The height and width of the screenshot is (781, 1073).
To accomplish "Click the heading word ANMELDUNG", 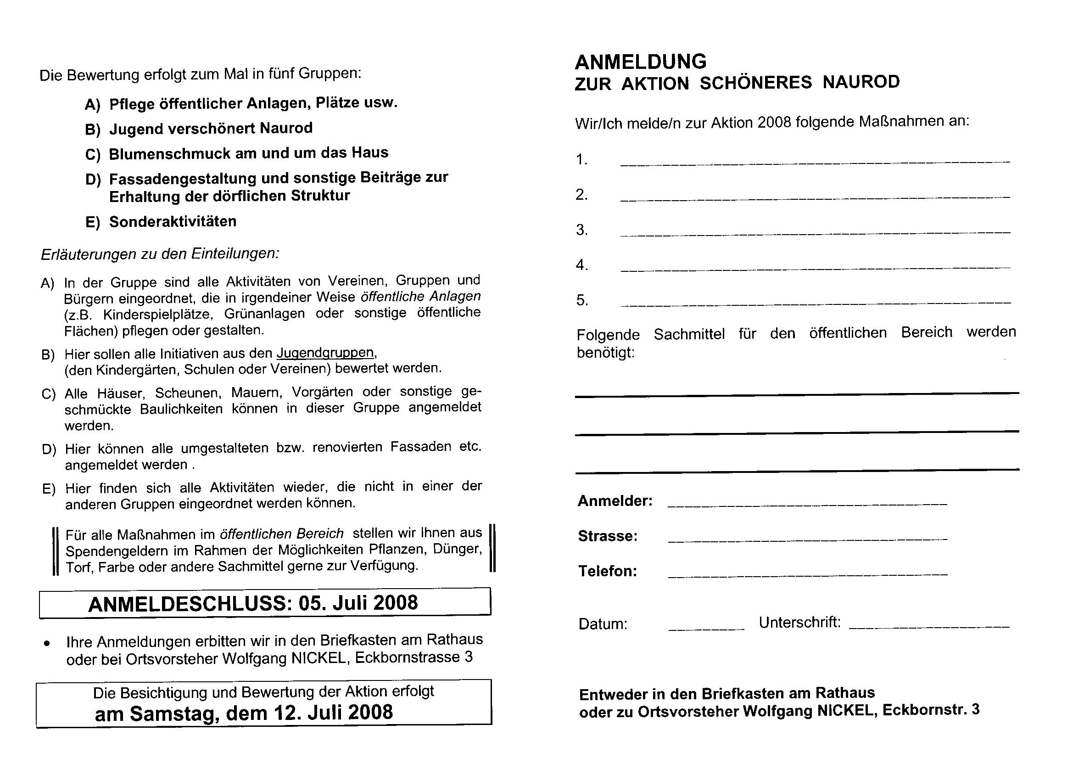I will (x=641, y=62).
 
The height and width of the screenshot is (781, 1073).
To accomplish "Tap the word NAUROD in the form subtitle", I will (x=861, y=82).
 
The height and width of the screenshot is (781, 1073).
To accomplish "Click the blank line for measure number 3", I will (x=815, y=233).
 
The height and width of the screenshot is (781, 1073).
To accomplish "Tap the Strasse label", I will (x=608, y=536).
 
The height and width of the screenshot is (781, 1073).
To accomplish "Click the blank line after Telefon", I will (x=807, y=575).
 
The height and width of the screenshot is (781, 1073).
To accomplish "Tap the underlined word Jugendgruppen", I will (x=325, y=353).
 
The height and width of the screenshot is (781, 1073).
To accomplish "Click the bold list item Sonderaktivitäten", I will (x=173, y=221).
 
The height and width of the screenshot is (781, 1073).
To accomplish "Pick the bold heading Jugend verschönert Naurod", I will (x=211, y=128).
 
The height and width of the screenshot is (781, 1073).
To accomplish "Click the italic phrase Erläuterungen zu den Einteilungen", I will (x=160, y=254).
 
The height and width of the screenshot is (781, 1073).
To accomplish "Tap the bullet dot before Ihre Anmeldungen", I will (x=46, y=644).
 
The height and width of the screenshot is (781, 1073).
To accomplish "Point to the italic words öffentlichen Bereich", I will (x=282, y=534).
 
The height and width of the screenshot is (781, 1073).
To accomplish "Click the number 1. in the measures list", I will (x=581, y=160).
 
